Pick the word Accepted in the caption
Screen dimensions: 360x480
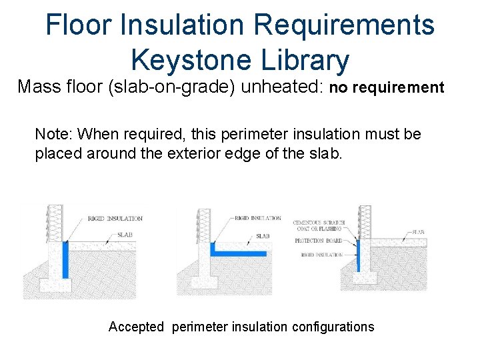(136, 327)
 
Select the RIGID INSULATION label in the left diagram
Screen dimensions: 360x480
(115, 218)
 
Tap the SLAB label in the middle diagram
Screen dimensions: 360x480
(263, 236)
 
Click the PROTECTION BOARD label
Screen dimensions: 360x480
(320, 241)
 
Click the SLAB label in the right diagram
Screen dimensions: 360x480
(418, 232)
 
